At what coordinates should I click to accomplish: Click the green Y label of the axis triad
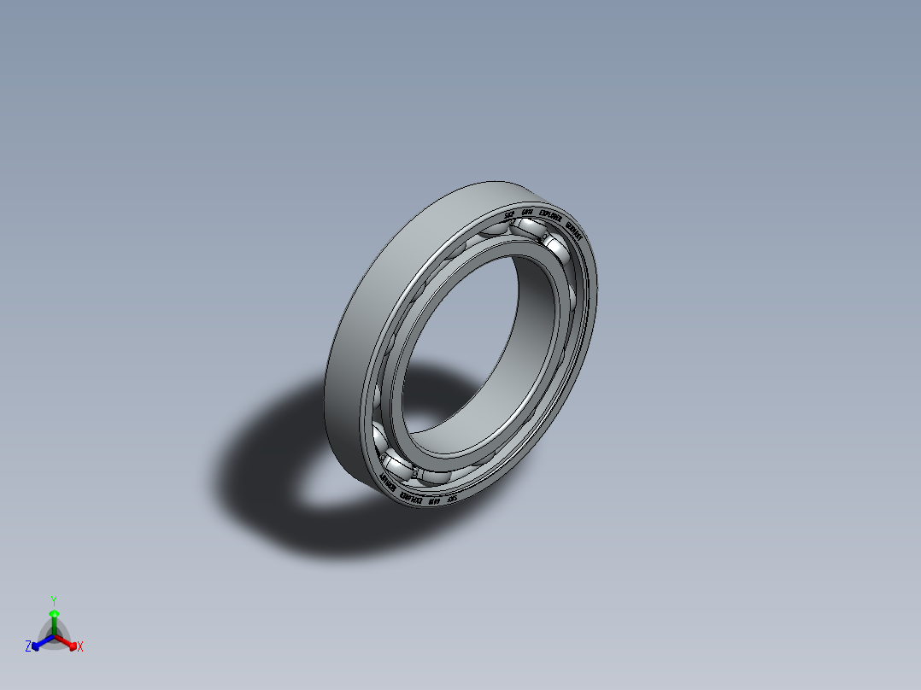[53, 599]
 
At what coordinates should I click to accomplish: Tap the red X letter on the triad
[80, 646]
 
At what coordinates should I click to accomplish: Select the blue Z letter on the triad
[28, 646]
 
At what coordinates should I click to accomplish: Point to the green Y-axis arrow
[53, 620]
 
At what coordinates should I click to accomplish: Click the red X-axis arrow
[70, 643]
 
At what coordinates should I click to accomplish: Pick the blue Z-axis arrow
[38, 643]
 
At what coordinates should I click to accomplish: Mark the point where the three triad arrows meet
[54, 636]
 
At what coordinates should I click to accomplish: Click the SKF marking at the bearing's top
[509, 213]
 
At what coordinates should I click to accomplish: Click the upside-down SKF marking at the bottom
[453, 499]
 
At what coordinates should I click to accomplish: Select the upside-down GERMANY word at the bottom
[386, 486]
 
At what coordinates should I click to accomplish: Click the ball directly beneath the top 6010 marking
[527, 228]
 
